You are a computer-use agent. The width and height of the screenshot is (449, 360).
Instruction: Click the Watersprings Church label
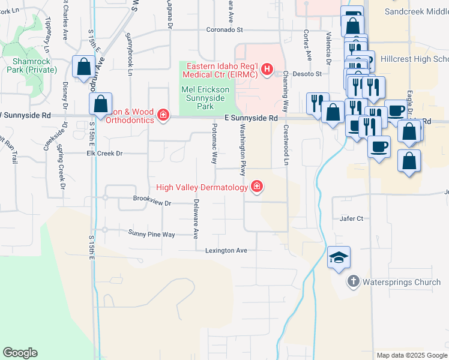(x=402, y=281)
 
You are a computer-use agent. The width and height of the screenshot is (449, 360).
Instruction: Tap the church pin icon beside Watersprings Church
(x=354, y=281)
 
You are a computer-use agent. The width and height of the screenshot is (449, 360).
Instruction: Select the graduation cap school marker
(x=339, y=259)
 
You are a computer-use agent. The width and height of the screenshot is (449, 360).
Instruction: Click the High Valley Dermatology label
(x=202, y=188)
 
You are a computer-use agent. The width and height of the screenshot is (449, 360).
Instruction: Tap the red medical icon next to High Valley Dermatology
(x=257, y=187)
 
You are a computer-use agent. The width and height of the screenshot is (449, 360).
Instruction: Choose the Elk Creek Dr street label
(x=104, y=154)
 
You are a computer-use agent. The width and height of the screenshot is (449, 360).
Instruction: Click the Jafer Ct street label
(x=352, y=219)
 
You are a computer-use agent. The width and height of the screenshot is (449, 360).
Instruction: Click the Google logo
(x=20, y=353)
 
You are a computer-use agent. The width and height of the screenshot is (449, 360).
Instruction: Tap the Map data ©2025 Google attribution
(x=411, y=355)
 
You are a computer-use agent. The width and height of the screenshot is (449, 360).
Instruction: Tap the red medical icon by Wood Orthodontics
(x=163, y=115)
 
